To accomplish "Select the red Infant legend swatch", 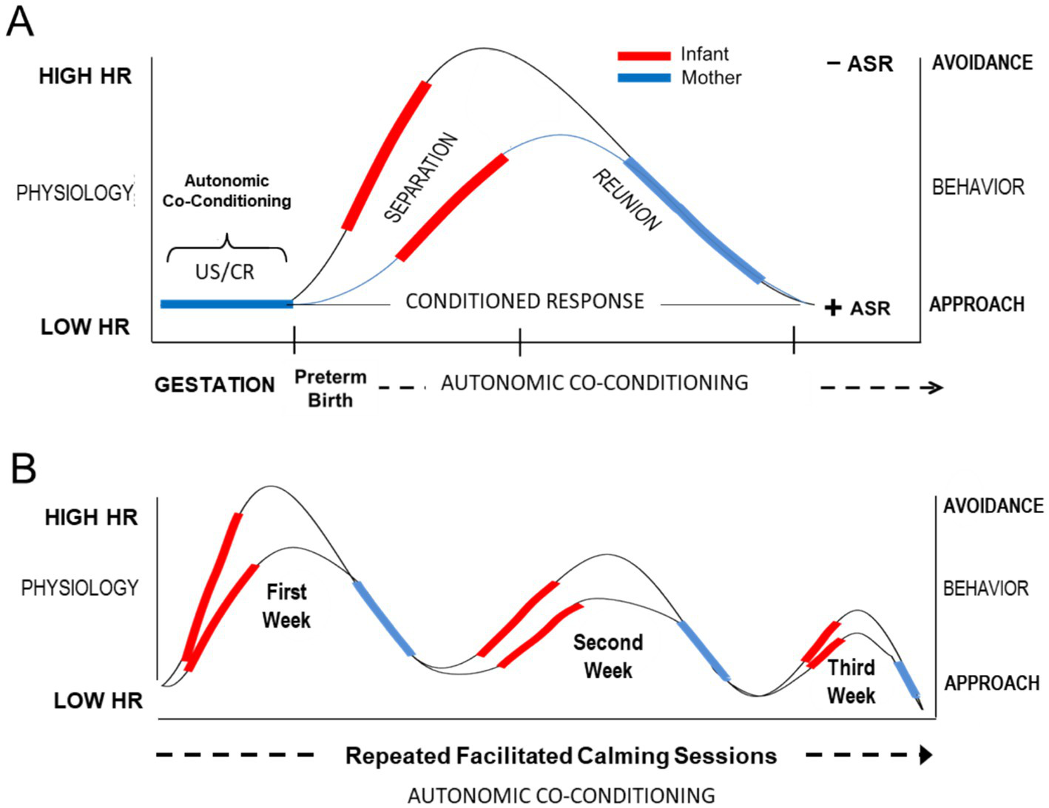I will pos(644,55).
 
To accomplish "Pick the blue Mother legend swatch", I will pos(644,78).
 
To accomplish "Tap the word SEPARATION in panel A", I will pos(421,177).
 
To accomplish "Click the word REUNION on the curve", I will pos(626,200).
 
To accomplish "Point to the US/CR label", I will pos(225,272).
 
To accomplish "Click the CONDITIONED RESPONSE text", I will pos(524,302).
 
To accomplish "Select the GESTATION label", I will pos(215,384).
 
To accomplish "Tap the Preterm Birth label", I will pos(330,388).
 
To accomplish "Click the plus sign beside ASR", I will pos(833,308).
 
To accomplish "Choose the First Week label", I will pos(286,605).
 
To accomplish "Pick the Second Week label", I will pos(608,656).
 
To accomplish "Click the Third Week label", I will pos(851,681).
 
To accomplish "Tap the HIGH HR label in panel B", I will pos(91,517).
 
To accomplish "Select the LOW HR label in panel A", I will pos(85,327).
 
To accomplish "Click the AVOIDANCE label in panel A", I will pos(982,63).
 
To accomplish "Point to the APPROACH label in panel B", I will pos(991,683).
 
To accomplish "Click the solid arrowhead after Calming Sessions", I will pos(925,756).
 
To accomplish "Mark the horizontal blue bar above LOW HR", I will pos(226,304).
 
